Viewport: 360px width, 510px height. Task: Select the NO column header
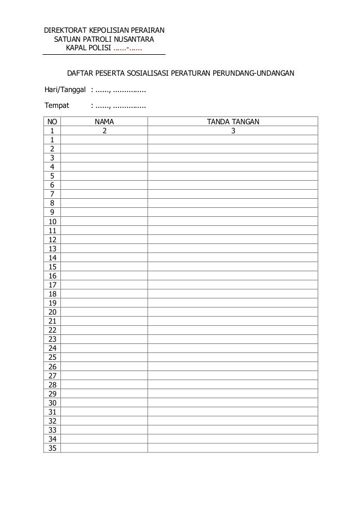(52, 121)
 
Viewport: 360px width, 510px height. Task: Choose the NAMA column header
(104, 121)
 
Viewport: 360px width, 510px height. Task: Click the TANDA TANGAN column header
(233, 121)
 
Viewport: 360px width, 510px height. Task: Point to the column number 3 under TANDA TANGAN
(233, 130)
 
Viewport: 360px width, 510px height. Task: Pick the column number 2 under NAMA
(104, 130)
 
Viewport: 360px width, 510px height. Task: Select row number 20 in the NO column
(52, 312)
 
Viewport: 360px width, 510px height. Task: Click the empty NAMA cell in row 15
(104, 267)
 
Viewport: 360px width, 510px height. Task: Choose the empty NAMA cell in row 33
(104, 430)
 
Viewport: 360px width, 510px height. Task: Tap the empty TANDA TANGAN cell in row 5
(233, 176)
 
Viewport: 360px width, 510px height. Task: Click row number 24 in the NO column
(52, 348)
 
